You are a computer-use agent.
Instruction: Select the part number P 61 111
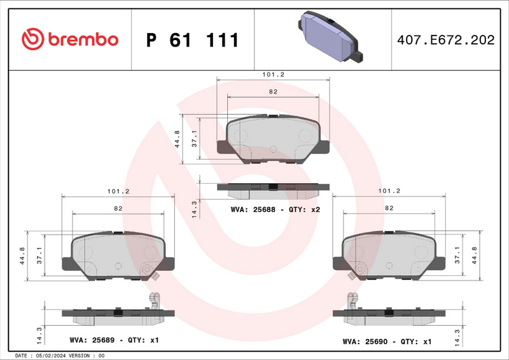pos(192,40)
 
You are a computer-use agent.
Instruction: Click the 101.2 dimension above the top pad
pos(273,74)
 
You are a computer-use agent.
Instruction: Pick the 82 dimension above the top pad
pos(273,92)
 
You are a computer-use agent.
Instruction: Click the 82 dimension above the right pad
pos(389,208)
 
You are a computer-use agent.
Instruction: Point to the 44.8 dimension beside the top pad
pos(177,139)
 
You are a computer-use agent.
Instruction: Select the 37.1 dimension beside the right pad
pos(457,255)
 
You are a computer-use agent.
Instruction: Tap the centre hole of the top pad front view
pos(273,149)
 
